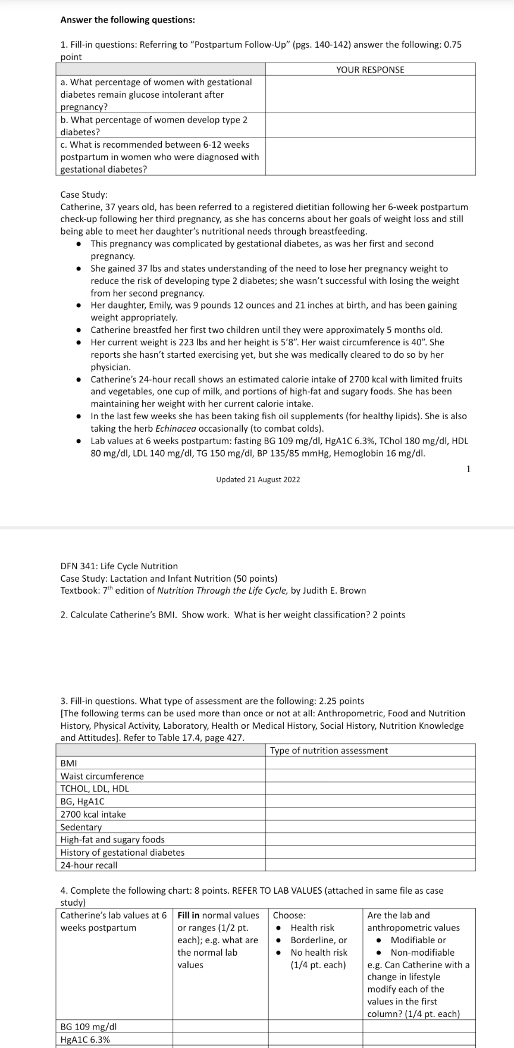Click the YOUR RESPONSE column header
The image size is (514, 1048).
[x=369, y=70]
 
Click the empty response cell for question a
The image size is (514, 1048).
[x=369, y=94]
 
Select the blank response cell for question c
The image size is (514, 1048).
[x=369, y=157]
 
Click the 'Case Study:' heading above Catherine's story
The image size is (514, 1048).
[x=84, y=195]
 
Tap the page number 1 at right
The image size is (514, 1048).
[x=468, y=469]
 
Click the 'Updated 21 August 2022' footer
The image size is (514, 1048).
[x=258, y=479]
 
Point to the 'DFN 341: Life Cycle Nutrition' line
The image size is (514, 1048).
[x=119, y=566]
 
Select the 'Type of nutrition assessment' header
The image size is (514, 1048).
[x=328, y=750]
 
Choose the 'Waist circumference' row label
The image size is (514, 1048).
[x=102, y=776]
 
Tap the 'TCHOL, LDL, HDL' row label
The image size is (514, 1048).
[x=95, y=788]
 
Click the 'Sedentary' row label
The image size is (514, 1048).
[x=81, y=827]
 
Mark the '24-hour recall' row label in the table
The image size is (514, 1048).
[x=89, y=865]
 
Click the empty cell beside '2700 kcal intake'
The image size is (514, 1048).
[x=369, y=814]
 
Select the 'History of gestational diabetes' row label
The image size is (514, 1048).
[x=122, y=852]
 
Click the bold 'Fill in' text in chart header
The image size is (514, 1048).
[x=188, y=915]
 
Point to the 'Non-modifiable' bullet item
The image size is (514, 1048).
[x=422, y=952]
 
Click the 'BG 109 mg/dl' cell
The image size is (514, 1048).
[x=89, y=1027]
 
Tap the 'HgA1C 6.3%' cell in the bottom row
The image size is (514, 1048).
[x=85, y=1040]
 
